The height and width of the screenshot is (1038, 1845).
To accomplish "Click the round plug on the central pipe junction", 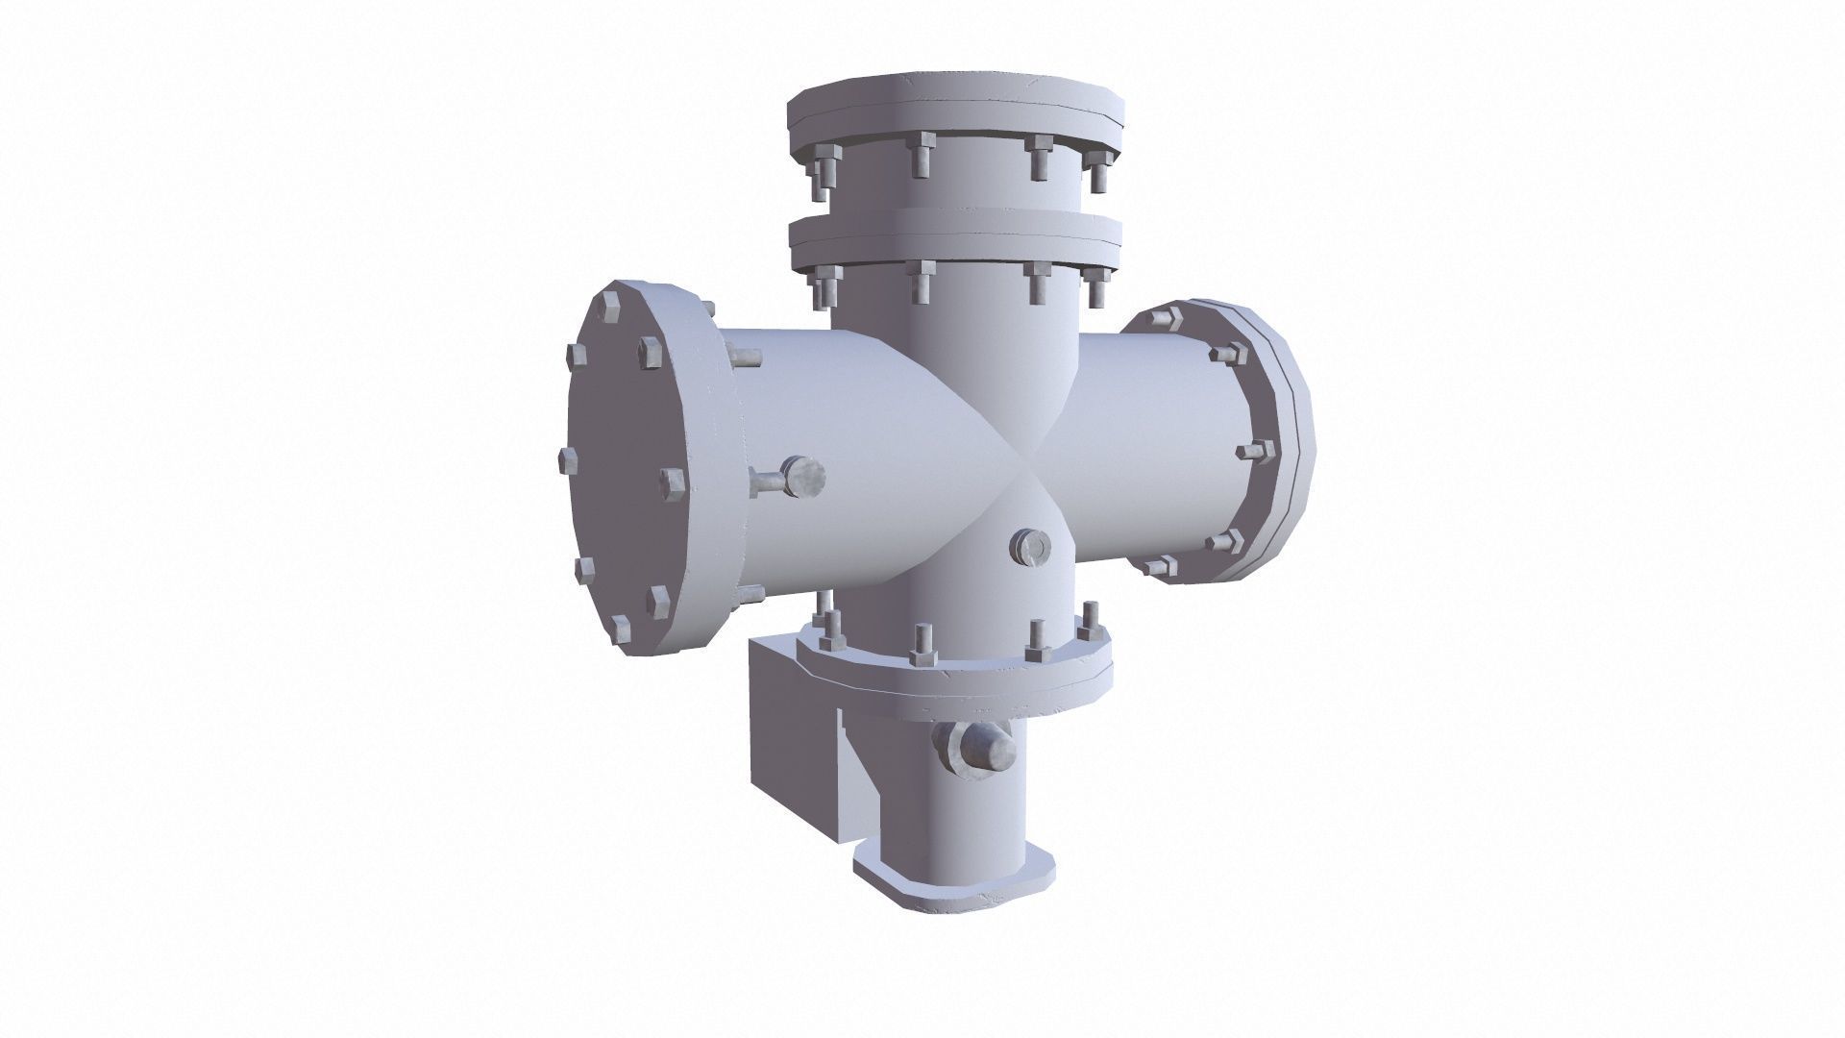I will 1031,547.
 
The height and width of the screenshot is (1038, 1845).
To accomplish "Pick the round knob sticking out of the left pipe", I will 803,478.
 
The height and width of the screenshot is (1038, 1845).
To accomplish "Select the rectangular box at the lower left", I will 793,730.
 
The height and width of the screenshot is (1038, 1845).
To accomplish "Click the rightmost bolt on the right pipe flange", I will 1259,451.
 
